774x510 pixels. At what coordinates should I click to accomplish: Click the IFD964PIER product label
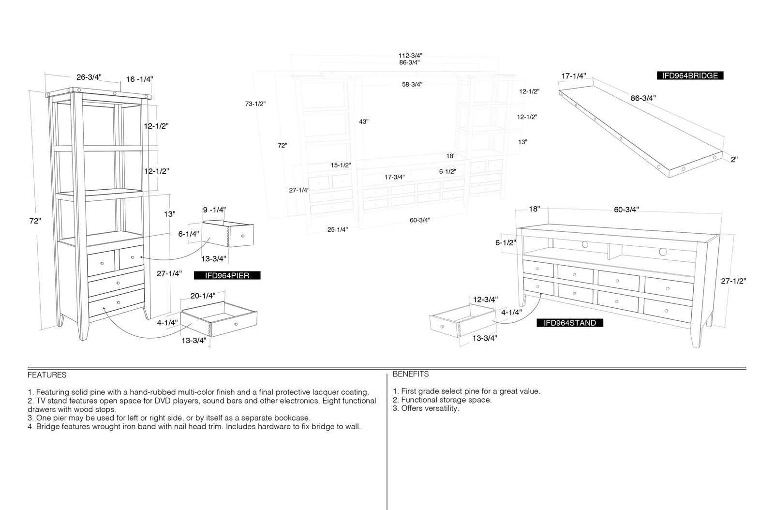(227, 275)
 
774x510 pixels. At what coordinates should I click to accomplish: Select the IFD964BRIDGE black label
(690, 75)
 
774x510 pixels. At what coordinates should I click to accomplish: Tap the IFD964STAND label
(570, 323)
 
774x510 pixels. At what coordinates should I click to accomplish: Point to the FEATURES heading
(47, 375)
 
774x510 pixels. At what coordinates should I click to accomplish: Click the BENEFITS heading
(411, 374)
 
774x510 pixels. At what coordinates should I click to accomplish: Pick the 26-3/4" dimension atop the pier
(89, 77)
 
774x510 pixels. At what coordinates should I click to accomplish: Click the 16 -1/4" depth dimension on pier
(139, 79)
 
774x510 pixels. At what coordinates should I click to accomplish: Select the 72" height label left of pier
(35, 221)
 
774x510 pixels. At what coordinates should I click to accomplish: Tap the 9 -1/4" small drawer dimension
(214, 210)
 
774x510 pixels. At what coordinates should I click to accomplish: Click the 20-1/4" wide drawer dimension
(203, 296)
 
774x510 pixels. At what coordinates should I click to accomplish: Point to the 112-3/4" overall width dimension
(410, 55)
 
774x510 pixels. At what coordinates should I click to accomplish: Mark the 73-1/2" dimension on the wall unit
(255, 104)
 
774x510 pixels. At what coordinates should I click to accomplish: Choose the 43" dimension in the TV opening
(363, 121)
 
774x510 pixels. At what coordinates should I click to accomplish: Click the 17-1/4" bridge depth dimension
(574, 75)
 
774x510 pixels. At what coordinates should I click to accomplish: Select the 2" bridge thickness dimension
(734, 159)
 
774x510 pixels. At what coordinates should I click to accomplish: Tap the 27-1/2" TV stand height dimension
(733, 281)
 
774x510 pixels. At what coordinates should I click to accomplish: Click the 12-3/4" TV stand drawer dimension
(485, 299)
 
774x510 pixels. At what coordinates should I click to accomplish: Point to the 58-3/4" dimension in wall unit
(412, 84)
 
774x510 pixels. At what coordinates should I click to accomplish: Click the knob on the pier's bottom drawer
(119, 302)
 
